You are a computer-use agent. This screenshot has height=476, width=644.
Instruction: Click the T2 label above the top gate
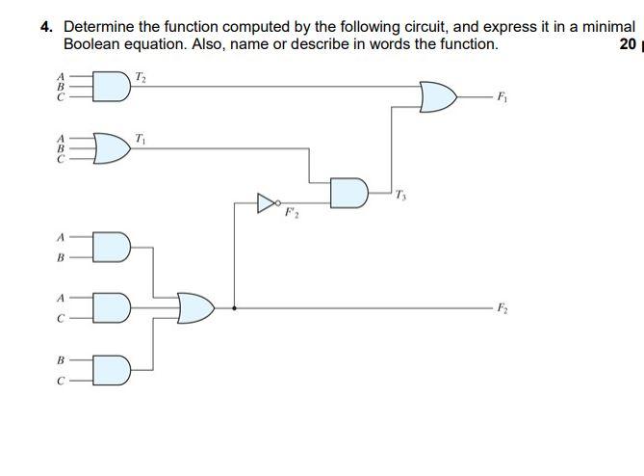(142, 76)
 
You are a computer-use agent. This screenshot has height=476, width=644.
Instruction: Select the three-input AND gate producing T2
(112, 87)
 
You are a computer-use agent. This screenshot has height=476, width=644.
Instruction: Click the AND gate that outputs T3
(348, 192)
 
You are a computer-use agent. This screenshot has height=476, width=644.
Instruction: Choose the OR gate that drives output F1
(439, 96)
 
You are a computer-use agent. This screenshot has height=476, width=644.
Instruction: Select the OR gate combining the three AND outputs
(195, 308)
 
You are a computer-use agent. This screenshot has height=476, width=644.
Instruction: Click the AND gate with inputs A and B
(111, 247)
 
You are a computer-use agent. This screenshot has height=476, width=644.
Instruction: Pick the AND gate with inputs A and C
(111, 308)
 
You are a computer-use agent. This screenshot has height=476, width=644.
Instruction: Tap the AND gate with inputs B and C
(111, 369)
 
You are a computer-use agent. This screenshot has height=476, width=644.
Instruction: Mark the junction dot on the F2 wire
(235, 308)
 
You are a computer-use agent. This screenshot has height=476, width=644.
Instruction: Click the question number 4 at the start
(46, 27)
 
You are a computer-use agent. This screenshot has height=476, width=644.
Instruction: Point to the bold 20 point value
(628, 43)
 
